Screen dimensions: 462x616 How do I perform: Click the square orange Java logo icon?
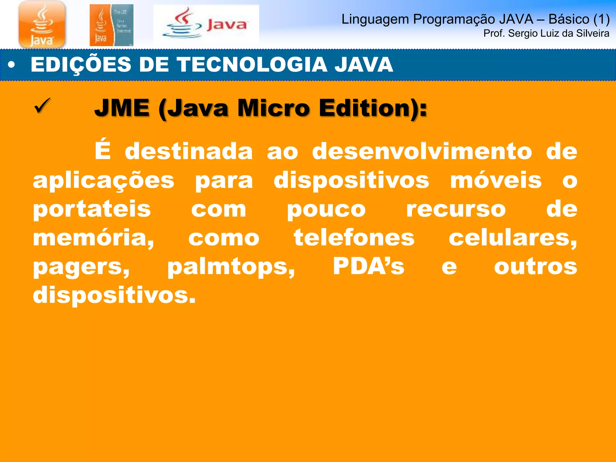tap(42, 24)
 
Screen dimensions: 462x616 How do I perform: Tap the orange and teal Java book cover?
tap(111, 25)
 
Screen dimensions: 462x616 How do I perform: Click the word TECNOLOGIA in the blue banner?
tap(252, 65)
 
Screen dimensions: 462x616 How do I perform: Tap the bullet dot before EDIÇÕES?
tap(11, 65)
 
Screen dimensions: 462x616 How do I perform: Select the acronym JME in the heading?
tap(122, 108)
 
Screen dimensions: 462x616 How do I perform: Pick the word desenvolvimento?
tap(422, 151)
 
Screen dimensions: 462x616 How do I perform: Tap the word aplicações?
tap(103, 181)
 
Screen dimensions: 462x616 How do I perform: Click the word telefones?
tap(354, 238)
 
